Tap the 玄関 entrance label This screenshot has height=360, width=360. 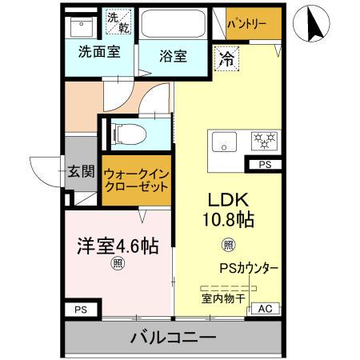[x=81, y=171]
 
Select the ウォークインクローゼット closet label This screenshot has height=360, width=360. [x=135, y=178]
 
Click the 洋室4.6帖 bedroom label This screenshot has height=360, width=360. [x=118, y=246]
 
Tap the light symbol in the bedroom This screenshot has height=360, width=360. [x=118, y=263]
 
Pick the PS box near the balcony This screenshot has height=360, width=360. [x=81, y=309]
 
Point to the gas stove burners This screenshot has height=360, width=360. [x=262, y=142]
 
